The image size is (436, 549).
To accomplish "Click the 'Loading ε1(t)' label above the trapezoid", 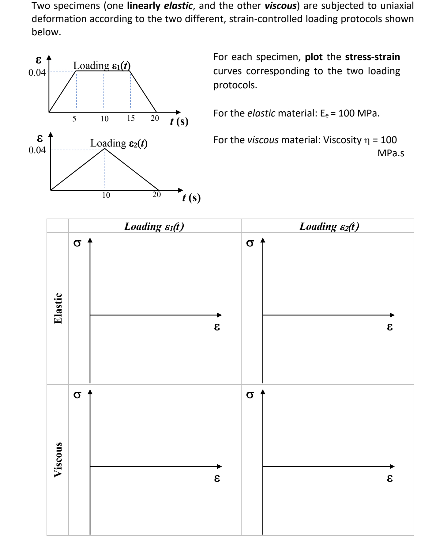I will pyautogui.click(x=102, y=66).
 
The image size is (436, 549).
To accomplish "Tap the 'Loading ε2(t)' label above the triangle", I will pyautogui.click(x=119, y=143).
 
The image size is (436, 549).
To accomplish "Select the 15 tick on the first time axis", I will pyautogui.click(x=131, y=118).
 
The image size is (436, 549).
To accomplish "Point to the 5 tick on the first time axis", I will pyautogui.click(x=74, y=119).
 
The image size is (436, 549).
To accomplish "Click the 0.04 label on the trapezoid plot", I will pyautogui.click(x=37, y=73).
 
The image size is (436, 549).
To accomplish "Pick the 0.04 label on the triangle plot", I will pyautogui.click(x=37, y=150).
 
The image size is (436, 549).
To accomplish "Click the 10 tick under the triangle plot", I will pyautogui.click(x=106, y=195).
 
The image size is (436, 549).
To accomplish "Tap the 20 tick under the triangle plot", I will pyautogui.click(x=156, y=195).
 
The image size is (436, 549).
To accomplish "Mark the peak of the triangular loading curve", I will pyautogui.click(x=104, y=149).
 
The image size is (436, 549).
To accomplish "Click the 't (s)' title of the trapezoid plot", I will pyautogui.click(x=179, y=121).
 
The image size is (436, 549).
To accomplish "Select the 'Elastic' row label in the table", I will pyautogui.click(x=58, y=308).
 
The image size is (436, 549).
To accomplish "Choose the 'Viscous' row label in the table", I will pyautogui.click(x=58, y=459).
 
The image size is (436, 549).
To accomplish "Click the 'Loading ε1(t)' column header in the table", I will pyautogui.click(x=154, y=226).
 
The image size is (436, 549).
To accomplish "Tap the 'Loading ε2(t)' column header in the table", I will pyautogui.click(x=329, y=226).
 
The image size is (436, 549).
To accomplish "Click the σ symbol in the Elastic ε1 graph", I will pyautogui.click(x=77, y=243).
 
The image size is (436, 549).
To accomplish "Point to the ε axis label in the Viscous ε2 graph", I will pyautogui.click(x=389, y=478).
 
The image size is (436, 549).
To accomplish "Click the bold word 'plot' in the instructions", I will pyautogui.click(x=314, y=57).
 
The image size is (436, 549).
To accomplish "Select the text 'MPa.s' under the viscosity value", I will pyautogui.click(x=391, y=153).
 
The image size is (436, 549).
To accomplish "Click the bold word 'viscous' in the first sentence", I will pyautogui.click(x=281, y=6).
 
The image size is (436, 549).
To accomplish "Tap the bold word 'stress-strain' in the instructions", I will pyautogui.click(x=372, y=57).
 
